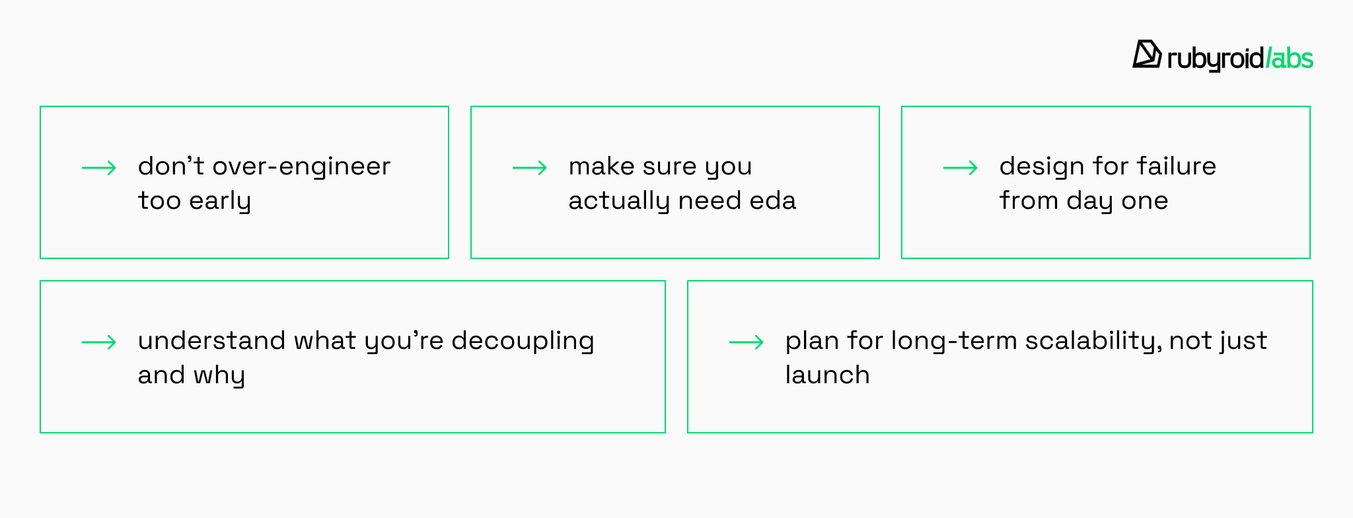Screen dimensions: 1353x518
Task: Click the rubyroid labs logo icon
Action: click(x=1147, y=54)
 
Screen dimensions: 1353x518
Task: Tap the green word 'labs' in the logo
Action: click(x=1290, y=58)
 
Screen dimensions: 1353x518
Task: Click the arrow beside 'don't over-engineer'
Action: click(x=99, y=168)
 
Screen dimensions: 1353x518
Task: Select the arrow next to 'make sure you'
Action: click(x=530, y=168)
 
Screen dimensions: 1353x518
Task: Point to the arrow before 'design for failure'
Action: click(x=961, y=168)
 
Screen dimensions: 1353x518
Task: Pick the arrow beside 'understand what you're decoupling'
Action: click(x=99, y=342)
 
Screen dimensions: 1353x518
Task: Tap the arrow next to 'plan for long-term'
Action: click(x=747, y=342)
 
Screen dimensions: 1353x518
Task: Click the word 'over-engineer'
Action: click(x=302, y=166)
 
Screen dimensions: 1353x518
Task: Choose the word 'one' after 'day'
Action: click(x=1146, y=201)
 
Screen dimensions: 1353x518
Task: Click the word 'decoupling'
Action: click(x=523, y=341)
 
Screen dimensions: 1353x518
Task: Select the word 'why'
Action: click(x=219, y=375)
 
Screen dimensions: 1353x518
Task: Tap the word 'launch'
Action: click(x=828, y=375)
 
